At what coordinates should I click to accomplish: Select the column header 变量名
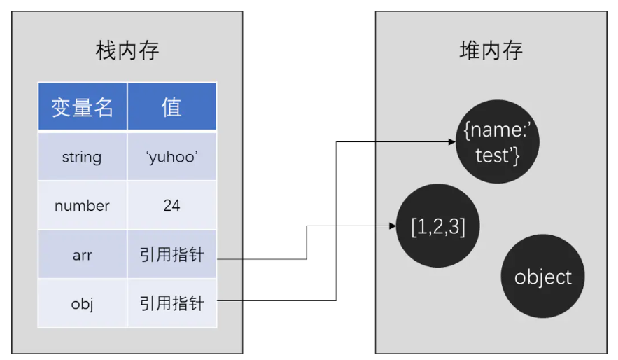(x=83, y=106)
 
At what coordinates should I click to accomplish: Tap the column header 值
(x=171, y=106)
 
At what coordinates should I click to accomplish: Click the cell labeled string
(x=82, y=157)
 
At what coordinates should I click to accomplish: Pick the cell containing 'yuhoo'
(x=171, y=157)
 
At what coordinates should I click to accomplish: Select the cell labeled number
(x=82, y=206)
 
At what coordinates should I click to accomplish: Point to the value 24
(x=171, y=206)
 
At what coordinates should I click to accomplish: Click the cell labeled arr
(x=82, y=255)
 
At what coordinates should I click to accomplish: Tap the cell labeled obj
(x=82, y=304)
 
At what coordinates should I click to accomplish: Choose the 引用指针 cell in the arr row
(x=171, y=255)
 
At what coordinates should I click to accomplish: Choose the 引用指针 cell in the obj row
(x=171, y=304)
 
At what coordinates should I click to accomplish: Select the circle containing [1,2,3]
(x=437, y=226)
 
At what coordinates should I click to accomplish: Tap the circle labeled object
(x=542, y=277)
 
